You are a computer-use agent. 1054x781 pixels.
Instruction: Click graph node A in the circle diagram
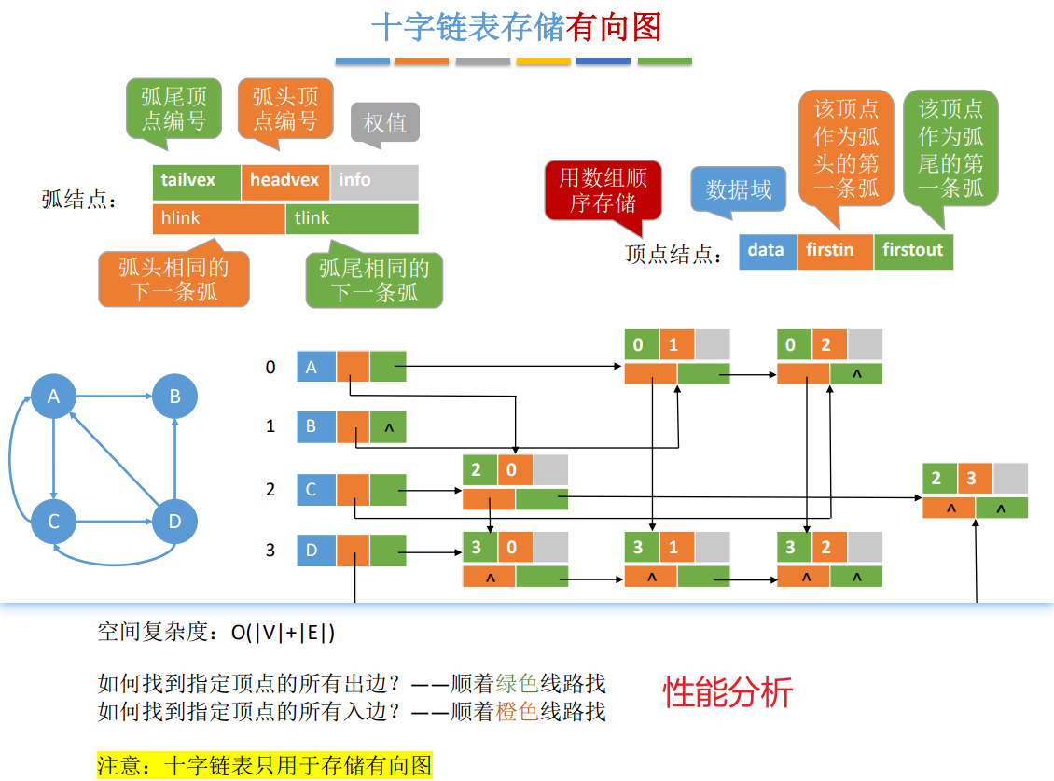coord(54,397)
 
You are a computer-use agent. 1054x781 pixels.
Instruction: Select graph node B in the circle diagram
coord(174,397)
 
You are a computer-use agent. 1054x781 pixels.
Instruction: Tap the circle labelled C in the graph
coord(54,522)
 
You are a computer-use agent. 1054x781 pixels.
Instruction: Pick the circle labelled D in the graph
coord(174,522)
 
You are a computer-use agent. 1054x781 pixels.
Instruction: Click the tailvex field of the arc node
coord(196,181)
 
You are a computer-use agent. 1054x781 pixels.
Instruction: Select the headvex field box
coord(284,181)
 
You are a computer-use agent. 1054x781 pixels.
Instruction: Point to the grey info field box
coord(373,181)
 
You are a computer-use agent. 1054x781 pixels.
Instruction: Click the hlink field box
coord(218,218)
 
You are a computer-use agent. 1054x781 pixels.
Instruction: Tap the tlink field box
coord(352,218)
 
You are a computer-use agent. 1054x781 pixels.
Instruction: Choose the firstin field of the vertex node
coord(835,251)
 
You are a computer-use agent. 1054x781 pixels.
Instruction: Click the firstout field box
coord(913,251)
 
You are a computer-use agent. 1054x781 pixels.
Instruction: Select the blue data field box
coord(767,251)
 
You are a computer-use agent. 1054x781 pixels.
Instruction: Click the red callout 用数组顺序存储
coord(603,189)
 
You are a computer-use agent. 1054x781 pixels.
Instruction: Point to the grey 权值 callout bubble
coord(385,123)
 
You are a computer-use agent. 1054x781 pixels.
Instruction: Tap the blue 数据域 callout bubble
coord(739,189)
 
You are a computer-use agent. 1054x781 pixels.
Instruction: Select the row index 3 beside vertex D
coord(270,551)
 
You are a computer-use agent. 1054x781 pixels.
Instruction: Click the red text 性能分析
coord(728,692)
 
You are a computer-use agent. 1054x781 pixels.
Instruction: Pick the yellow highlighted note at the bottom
coord(265,766)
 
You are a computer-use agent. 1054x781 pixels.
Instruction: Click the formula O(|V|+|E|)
coord(284,633)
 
